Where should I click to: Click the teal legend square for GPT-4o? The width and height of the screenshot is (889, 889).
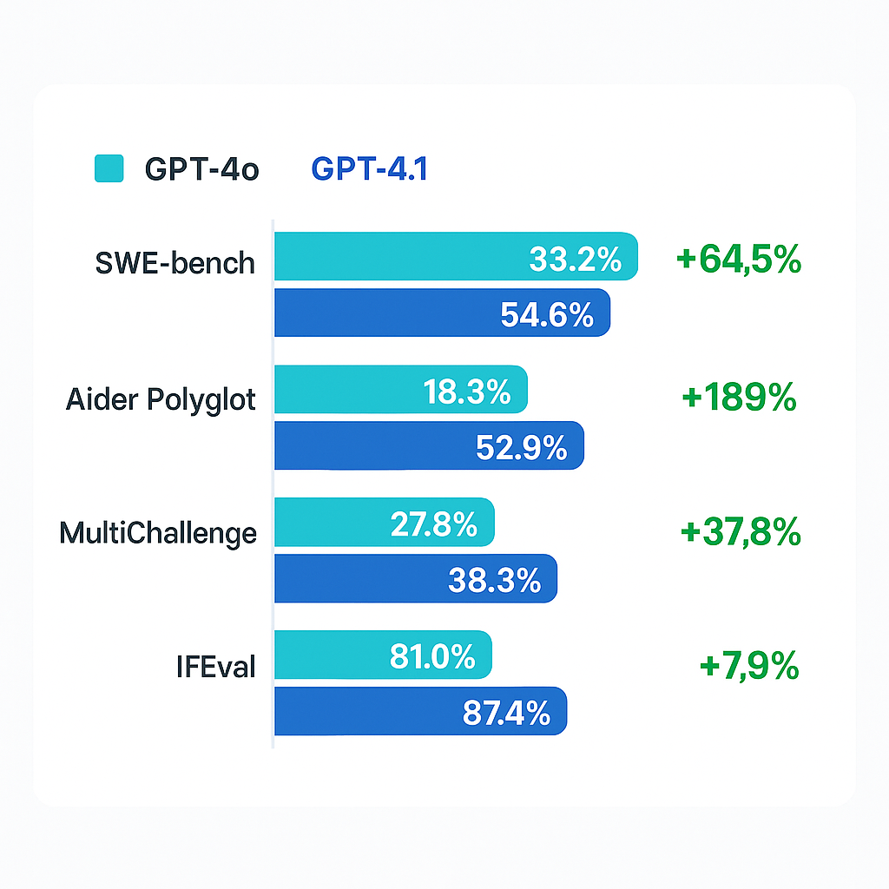pyautogui.click(x=109, y=168)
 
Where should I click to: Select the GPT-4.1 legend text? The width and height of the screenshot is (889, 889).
pyautogui.click(x=369, y=169)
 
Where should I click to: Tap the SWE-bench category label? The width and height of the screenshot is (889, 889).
pyautogui.click(x=175, y=261)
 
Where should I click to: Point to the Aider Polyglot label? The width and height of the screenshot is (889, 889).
pyautogui.click(x=161, y=400)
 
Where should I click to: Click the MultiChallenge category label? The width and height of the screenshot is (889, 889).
pyautogui.click(x=158, y=532)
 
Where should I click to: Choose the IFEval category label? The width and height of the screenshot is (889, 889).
pyautogui.click(x=214, y=668)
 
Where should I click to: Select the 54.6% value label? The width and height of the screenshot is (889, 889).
pyautogui.click(x=547, y=315)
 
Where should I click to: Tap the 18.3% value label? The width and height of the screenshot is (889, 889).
pyautogui.click(x=466, y=392)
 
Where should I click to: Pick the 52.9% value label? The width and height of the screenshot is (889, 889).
pyautogui.click(x=521, y=448)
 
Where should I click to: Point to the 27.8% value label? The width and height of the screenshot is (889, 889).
pyautogui.click(x=433, y=524)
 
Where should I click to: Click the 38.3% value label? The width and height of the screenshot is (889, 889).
pyautogui.click(x=494, y=581)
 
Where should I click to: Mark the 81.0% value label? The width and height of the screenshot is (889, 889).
pyautogui.click(x=432, y=656)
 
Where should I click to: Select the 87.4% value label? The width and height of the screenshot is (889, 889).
pyautogui.click(x=506, y=713)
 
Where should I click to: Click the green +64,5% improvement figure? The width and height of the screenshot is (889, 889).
pyautogui.click(x=738, y=260)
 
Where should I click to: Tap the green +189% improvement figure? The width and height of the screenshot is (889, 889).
pyautogui.click(x=739, y=398)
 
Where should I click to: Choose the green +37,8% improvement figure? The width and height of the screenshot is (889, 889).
pyautogui.click(x=741, y=532)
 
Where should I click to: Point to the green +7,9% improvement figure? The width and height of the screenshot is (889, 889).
pyautogui.click(x=748, y=667)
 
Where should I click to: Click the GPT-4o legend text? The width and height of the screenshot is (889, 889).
pyautogui.click(x=201, y=169)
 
